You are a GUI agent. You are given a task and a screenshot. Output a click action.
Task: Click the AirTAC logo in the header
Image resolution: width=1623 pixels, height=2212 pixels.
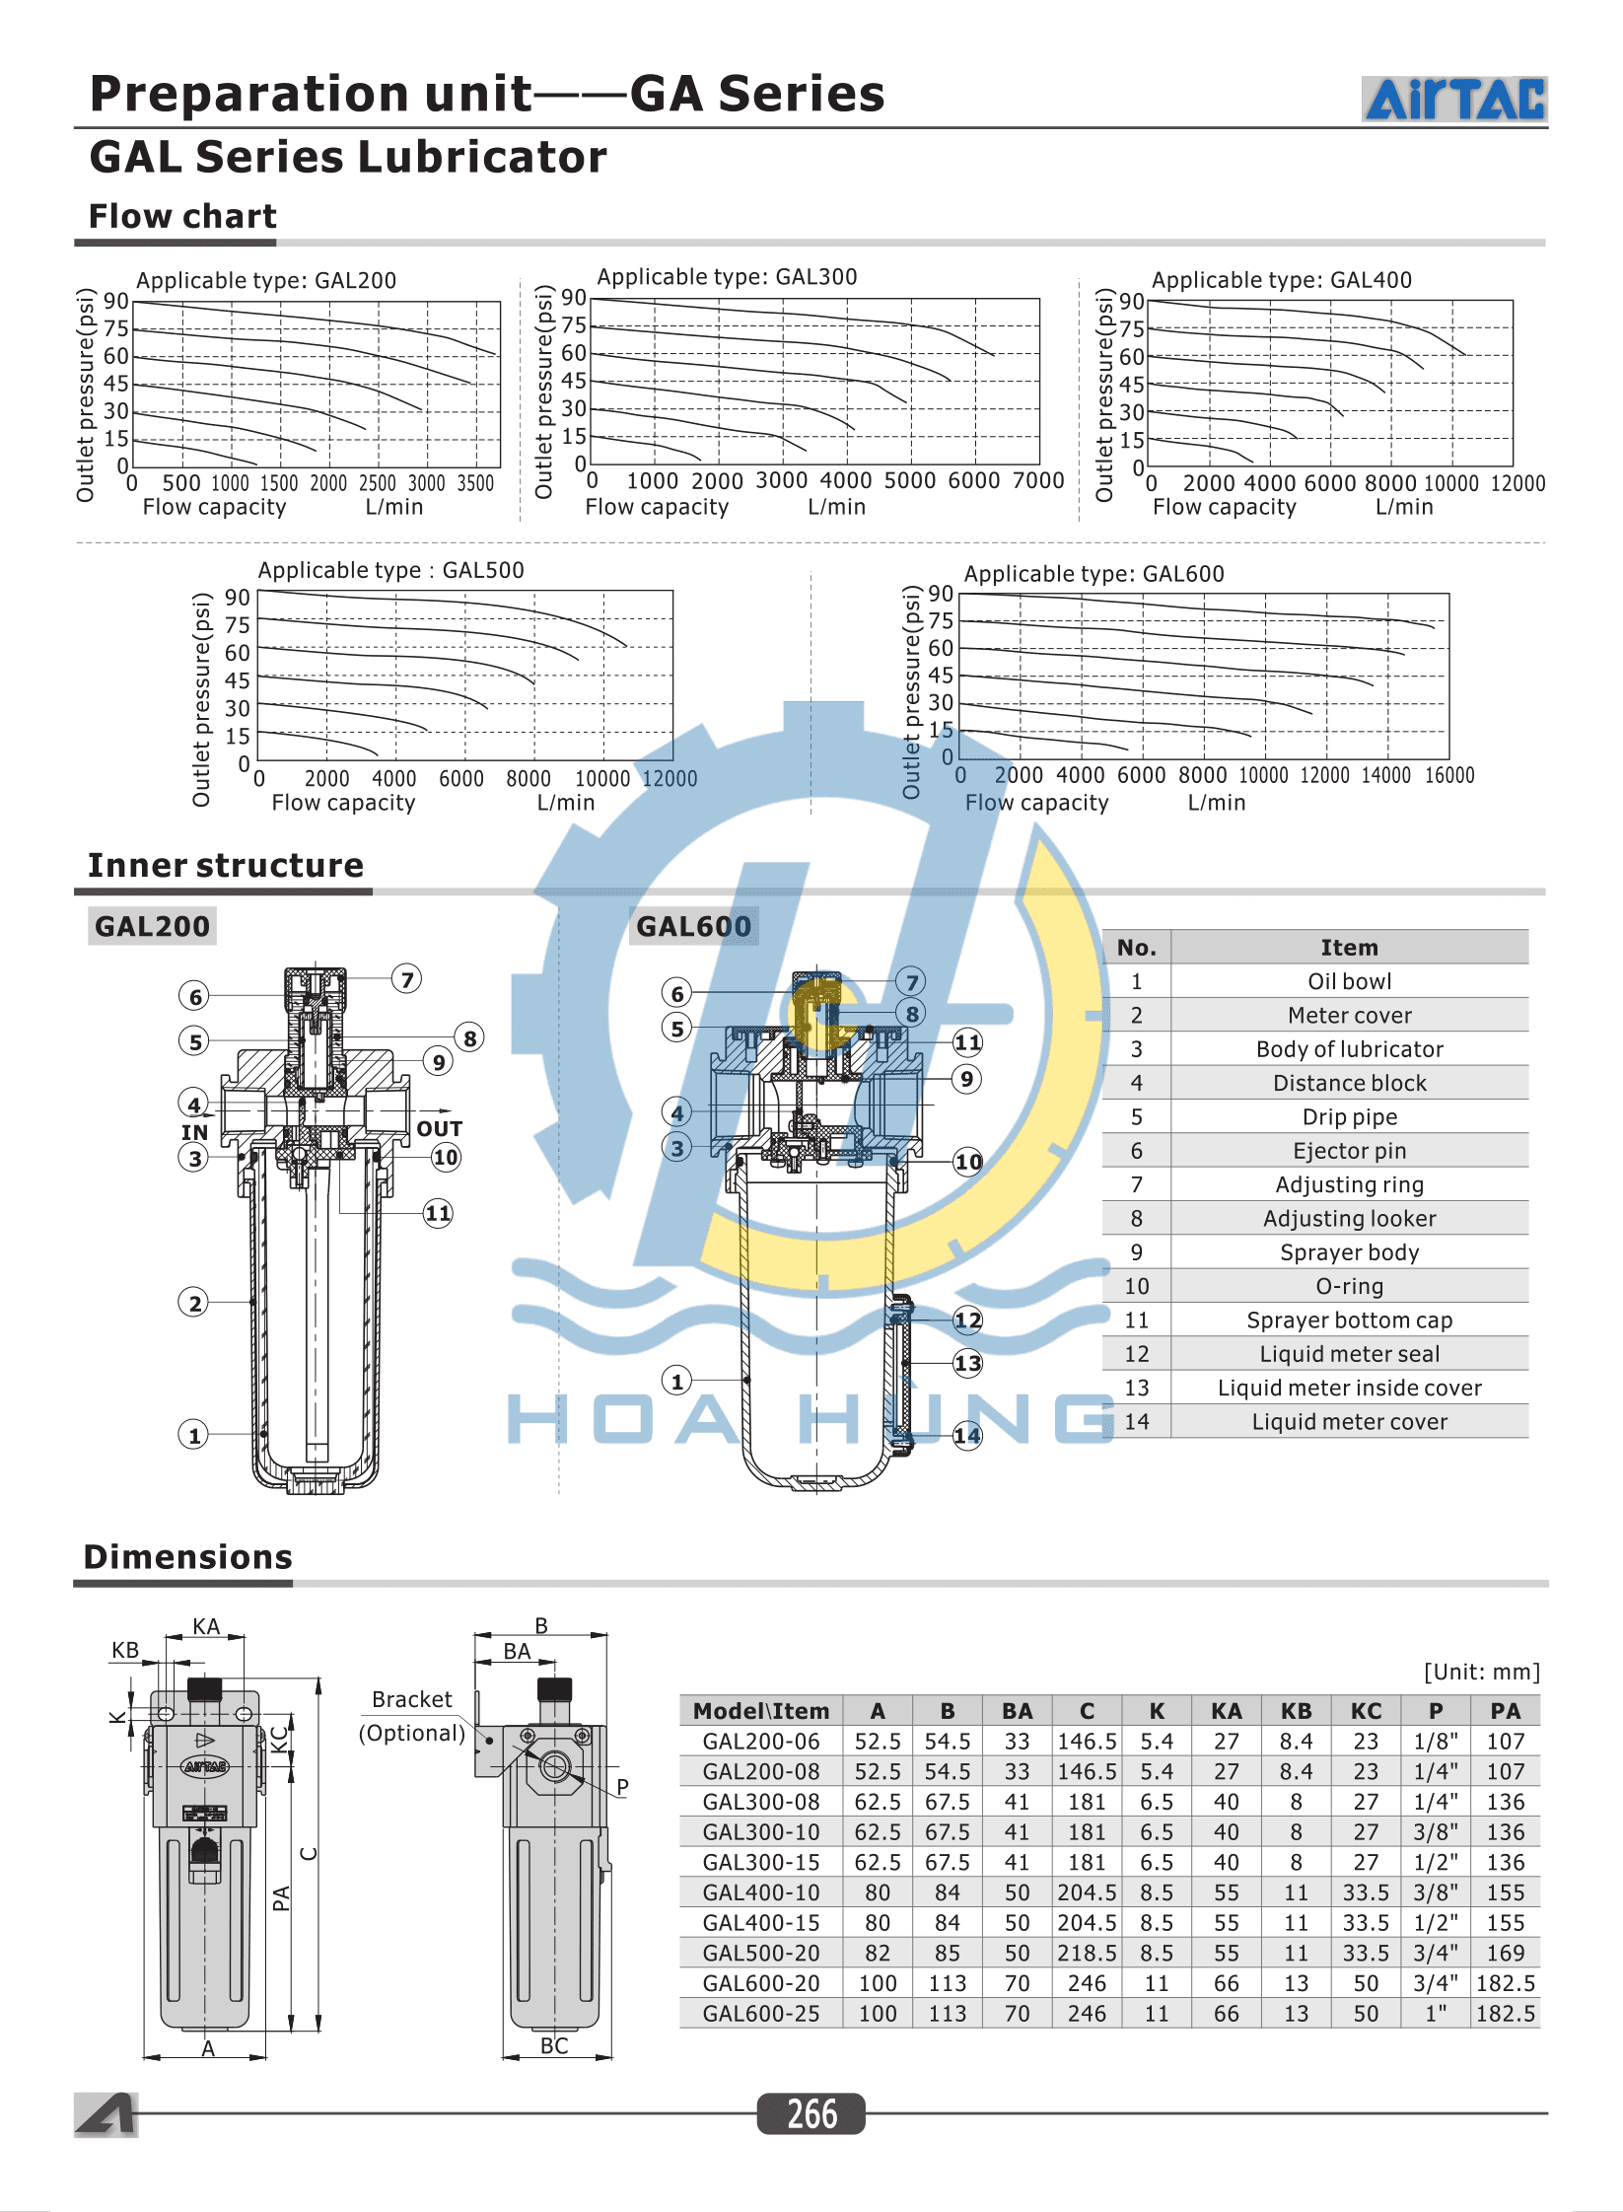(x=1454, y=99)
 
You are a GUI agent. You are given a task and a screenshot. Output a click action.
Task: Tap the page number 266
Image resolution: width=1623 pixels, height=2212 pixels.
(x=811, y=2113)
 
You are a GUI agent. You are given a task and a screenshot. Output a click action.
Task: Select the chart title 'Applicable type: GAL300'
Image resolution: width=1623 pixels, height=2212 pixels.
(x=727, y=277)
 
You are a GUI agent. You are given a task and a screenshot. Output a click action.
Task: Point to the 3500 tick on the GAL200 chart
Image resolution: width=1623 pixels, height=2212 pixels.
(x=475, y=483)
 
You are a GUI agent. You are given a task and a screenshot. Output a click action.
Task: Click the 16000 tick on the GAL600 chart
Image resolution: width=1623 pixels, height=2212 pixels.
(x=1449, y=775)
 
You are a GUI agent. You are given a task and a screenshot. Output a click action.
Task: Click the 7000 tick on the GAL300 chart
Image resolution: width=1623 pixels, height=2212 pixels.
(x=1038, y=480)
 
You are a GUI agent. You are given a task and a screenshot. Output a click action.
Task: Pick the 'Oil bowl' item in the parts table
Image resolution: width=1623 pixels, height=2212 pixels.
(x=1349, y=981)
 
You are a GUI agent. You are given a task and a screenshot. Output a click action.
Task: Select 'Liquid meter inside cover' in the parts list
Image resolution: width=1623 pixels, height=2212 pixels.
(x=1349, y=1388)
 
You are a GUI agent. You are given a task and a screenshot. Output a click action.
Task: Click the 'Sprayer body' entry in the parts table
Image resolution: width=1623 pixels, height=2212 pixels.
(x=1349, y=1252)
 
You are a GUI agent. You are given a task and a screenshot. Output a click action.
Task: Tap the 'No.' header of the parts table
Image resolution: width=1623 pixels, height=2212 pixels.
(x=1136, y=948)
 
